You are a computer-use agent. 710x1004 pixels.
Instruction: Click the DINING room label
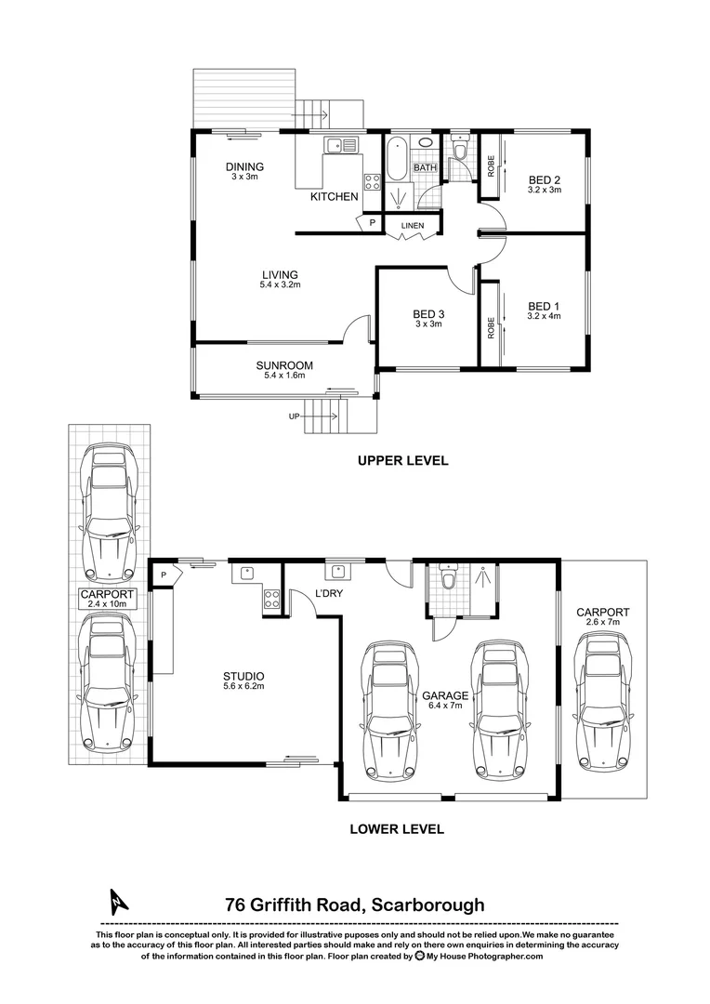[244, 167]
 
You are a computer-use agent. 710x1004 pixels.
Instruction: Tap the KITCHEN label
[334, 197]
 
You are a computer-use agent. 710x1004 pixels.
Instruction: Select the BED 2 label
[545, 179]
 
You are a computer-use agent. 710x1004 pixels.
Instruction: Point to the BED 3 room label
[427, 314]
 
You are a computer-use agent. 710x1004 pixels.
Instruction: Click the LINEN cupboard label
[413, 226]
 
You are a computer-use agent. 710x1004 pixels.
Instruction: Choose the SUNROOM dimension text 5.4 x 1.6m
[283, 376]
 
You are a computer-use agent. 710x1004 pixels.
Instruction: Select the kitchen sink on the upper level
[335, 144]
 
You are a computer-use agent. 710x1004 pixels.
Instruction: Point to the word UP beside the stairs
[295, 416]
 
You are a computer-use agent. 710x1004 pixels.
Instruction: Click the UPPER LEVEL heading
[402, 460]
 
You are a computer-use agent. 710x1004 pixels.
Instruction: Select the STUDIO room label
[243, 676]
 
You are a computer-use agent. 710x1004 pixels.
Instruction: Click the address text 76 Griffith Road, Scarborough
[354, 904]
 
